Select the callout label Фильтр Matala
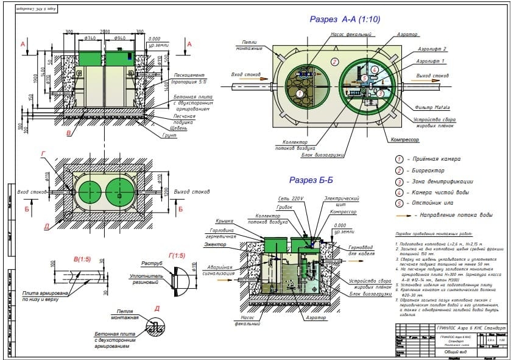(x=433, y=107)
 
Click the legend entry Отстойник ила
(x=434, y=203)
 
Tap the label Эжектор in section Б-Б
(x=216, y=245)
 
